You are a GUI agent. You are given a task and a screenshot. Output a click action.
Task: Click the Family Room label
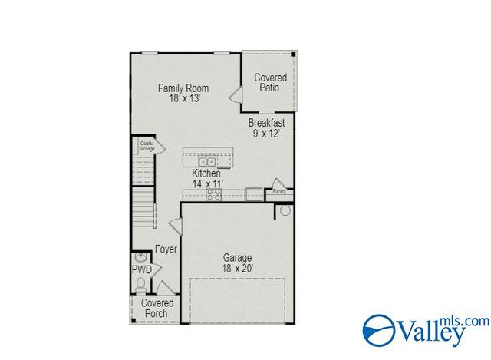pyautogui.click(x=180, y=88)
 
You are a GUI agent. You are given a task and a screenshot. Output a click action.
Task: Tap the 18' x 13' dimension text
pyautogui.click(x=180, y=98)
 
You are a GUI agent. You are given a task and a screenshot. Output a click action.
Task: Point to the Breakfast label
pyautogui.click(x=266, y=122)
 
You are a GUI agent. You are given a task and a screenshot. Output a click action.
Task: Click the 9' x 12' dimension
pyautogui.click(x=266, y=134)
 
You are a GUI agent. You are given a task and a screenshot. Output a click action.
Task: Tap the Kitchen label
pyautogui.click(x=206, y=173)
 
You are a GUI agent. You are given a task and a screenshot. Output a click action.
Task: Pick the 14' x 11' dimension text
pyautogui.click(x=206, y=184)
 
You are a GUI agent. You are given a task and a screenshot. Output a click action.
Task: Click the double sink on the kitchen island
pyautogui.click(x=206, y=161)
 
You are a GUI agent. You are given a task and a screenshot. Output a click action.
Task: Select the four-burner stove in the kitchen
pyautogui.click(x=213, y=195)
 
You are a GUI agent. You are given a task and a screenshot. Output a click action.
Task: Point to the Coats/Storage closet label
pyautogui.click(x=147, y=146)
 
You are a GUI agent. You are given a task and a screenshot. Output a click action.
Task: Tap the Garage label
pyautogui.click(x=237, y=258)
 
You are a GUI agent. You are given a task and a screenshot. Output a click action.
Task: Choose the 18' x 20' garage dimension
pyautogui.click(x=237, y=269)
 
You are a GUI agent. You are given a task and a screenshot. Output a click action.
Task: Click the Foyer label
pyautogui.click(x=166, y=249)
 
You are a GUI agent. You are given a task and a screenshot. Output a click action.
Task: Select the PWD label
pyautogui.click(x=141, y=270)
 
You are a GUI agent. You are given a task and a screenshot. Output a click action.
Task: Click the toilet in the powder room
pyautogui.click(x=140, y=285)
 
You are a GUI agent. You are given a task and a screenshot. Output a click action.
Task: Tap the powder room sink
pyautogui.click(x=141, y=258)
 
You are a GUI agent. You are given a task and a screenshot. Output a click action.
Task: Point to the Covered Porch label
pyautogui.click(x=157, y=308)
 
